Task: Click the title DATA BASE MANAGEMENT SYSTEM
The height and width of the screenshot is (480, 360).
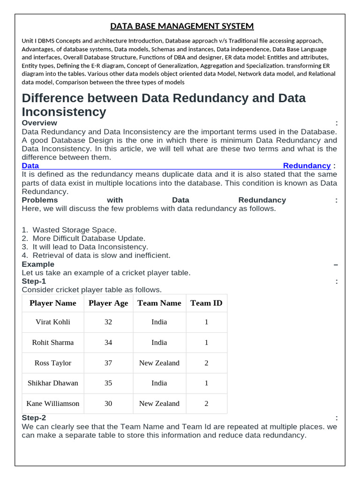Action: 182,26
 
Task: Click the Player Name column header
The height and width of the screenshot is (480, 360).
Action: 53,303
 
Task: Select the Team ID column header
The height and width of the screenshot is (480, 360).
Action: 206,303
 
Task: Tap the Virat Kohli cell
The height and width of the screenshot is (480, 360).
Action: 53,322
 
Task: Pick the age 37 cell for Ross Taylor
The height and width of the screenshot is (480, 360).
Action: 108,363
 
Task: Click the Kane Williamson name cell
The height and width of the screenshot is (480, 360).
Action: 53,404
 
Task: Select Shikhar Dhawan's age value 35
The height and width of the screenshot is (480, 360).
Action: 108,383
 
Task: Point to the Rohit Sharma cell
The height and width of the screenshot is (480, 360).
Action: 53,343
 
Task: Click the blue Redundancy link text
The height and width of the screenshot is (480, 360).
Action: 307,166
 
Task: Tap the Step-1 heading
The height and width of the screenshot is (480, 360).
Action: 34,281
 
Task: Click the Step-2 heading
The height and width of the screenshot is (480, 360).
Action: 34,418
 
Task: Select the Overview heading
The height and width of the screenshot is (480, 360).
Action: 39,123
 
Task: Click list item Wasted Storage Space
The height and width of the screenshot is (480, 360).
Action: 74,230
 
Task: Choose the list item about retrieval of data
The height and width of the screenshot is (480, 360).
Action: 101,255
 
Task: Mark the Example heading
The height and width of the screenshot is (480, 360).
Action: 38,264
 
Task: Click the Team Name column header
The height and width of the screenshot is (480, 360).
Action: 159,303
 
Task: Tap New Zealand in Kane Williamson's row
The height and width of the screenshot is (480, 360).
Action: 159,404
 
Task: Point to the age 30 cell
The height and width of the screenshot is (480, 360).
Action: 108,404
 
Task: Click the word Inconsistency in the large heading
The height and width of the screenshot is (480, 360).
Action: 64,112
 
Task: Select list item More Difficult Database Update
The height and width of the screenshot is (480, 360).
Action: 89,238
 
